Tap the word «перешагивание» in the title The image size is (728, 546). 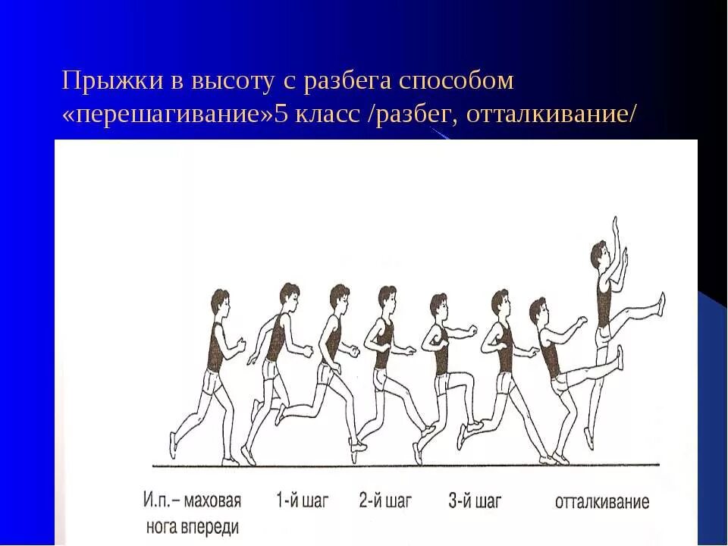[171, 115]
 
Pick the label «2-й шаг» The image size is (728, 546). [385, 500]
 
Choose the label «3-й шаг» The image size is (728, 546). [475, 500]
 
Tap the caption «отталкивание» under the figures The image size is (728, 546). [602, 502]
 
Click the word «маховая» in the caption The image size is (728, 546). [213, 500]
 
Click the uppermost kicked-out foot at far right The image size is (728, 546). [661, 303]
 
